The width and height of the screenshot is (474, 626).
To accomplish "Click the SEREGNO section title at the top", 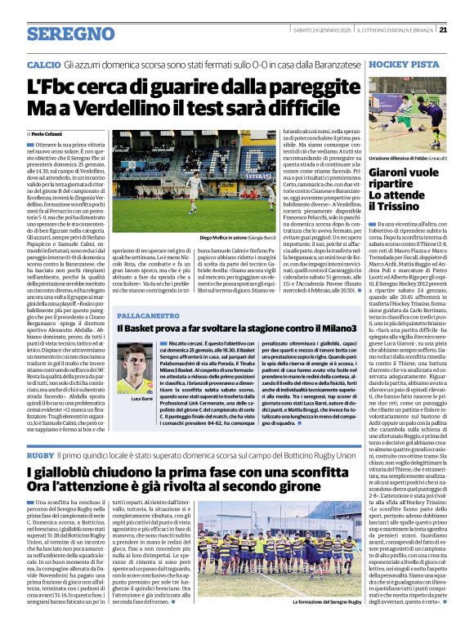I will (x=70, y=34).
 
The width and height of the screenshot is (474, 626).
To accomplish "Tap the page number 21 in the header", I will (x=465, y=29).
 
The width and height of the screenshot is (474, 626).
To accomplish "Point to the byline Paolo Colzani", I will (x=47, y=132).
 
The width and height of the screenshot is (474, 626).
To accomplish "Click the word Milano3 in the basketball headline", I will (x=331, y=329).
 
